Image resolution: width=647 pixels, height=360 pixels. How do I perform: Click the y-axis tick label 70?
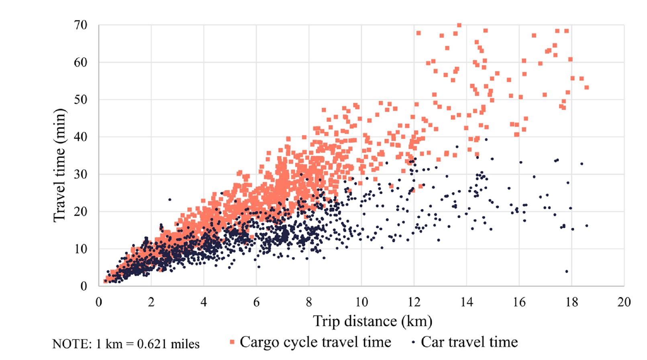point(80,25)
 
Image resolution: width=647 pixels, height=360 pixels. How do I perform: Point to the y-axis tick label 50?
point(80,100)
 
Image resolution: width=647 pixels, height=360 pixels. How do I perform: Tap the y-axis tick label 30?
point(80,174)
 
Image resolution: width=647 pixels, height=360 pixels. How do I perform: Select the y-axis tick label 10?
point(80,249)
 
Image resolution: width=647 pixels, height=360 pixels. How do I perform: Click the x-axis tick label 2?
point(151,302)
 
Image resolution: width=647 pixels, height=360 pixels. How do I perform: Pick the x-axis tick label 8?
point(309,302)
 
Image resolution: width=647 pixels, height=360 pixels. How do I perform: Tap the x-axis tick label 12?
point(414,302)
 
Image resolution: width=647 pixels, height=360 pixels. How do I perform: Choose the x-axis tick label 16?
point(519,302)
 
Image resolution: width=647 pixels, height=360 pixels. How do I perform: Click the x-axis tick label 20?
point(624,302)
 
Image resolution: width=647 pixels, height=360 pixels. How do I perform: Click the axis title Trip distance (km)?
point(372,321)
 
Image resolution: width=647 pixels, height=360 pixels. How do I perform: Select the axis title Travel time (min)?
point(59,165)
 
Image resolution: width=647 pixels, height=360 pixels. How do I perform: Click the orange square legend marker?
point(232,342)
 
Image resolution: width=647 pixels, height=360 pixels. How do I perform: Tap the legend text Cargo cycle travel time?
point(315,342)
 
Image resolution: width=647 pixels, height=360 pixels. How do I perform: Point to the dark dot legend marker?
point(413,342)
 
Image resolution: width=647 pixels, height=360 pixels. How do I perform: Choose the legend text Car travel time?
point(469,342)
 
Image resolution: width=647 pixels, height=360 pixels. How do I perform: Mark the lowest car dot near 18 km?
point(567,272)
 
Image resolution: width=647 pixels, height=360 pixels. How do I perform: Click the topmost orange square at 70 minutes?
point(459,25)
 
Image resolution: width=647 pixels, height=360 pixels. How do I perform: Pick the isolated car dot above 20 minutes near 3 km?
point(169,200)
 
